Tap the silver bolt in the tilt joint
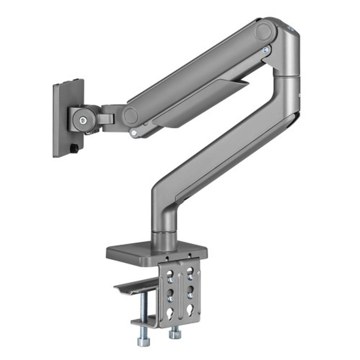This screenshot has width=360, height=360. tap(83, 120)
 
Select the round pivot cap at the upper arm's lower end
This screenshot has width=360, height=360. tap(130, 116)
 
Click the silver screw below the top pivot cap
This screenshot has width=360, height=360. tap(266, 50)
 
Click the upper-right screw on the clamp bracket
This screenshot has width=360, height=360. tap(190, 278)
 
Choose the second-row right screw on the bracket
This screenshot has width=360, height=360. tap(190, 296)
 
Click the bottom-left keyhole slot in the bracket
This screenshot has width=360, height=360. tap(170, 313)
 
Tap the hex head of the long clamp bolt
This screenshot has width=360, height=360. tap(144, 342)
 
